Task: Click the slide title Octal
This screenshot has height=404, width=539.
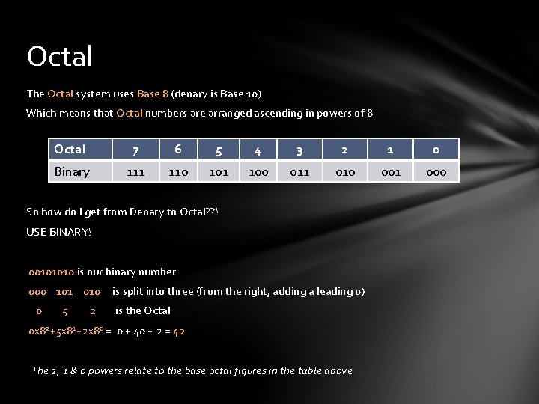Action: pyautogui.click(x=59, y=56)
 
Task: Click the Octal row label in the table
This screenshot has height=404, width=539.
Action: pyautogui.click(x=70, y=150)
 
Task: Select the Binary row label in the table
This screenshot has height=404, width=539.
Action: pyautogui.click(x=72, y=171)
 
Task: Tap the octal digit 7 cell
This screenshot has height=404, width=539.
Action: pyautogui.click(x=135, y=150)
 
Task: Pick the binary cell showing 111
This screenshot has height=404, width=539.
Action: pyautogui.click(x=135, y=172)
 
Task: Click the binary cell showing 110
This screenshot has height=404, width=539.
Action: pyautogui.click(x=178, y=172)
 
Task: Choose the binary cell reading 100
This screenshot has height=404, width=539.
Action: pyautogui.click(x=258, y=172)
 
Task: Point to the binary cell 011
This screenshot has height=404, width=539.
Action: pyautogui.click(x=299, y=172)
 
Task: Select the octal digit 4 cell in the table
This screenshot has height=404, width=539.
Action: pyautogui.click(x=258, y=150)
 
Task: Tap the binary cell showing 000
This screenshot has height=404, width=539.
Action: pyautogui.click(x=436, y=172)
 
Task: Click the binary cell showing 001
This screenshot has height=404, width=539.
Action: pyautogui.click(x=391, y=172)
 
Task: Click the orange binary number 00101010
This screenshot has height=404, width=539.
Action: pyautogui.click(x=52, y=272)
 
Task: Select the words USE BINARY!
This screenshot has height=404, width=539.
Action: pyautogui.click(x=58, y=232)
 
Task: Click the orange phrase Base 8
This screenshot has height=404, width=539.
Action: pyautogui.click(x=153, y=94)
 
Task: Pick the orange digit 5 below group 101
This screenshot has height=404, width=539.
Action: pyautogui.click(x=65, y=311)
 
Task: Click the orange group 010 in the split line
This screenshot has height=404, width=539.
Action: pyautogui.click(x=91, y=291)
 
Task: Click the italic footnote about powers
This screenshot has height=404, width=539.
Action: pyautogui.click(x=192, y=370)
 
